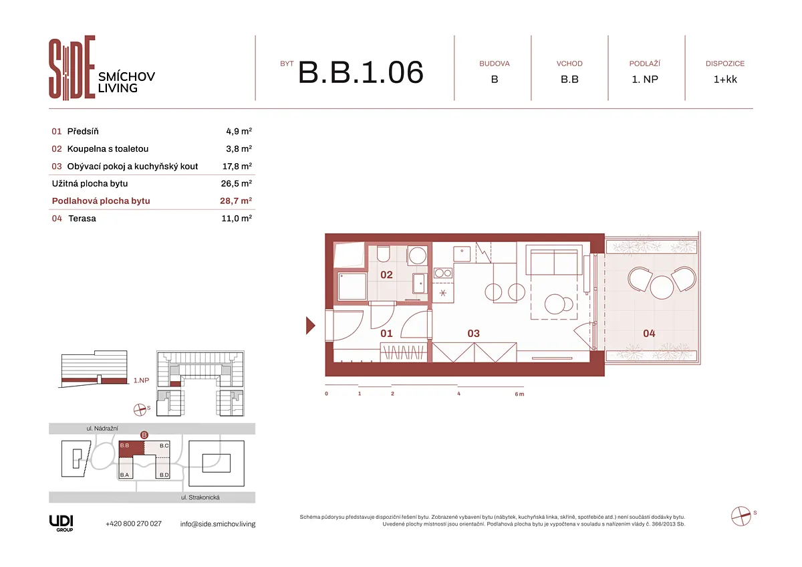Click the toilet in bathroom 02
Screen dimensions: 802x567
tap(384, 253)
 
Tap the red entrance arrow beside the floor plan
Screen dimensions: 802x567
tap(310, 326)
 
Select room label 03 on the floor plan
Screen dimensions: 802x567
tap(473, 334)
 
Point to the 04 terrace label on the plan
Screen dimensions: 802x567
tap(649, 334)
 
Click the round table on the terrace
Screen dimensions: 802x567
tap(662, 288)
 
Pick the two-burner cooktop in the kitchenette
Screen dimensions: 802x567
tap(443, 273)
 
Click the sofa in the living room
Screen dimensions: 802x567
tap(554, 262)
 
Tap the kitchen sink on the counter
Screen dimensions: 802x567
tap(462, 254)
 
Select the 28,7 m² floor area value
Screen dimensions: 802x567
tap(236, 201)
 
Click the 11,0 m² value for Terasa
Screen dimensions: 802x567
tap(237, 218)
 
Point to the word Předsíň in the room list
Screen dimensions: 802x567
tap(83, 131)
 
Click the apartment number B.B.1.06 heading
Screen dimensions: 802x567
tap(360, 72)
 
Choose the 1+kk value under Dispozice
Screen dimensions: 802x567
tap(725, 79)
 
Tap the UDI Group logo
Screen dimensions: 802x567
tap(61, 524)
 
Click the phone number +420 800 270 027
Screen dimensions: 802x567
tap(134, 524)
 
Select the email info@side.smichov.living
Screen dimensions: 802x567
tap(218, 524)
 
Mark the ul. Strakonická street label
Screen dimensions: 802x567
tap(200, 497)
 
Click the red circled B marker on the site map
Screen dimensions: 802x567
tap(144, 435)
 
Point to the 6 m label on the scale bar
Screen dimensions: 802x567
tap(519, 394)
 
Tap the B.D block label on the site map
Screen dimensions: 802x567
tap(164, 475)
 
